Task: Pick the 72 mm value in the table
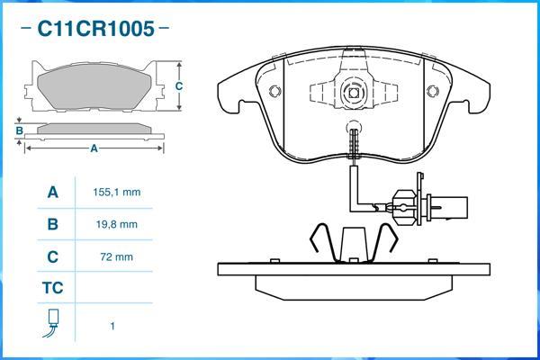(x=117, y=257)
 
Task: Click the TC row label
(x=52, y=290)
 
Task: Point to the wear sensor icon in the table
(x=52, y=323)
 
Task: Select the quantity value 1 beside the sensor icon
(x=112, y=326)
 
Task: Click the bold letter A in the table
(x=52, y=193)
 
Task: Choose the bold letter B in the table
(x=52, y=224)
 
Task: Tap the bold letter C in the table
(x=52, y=257)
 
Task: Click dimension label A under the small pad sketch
(x=94, y=148)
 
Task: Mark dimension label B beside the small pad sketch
(x=19, y=130)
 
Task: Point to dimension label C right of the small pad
(x=179, y=86)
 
